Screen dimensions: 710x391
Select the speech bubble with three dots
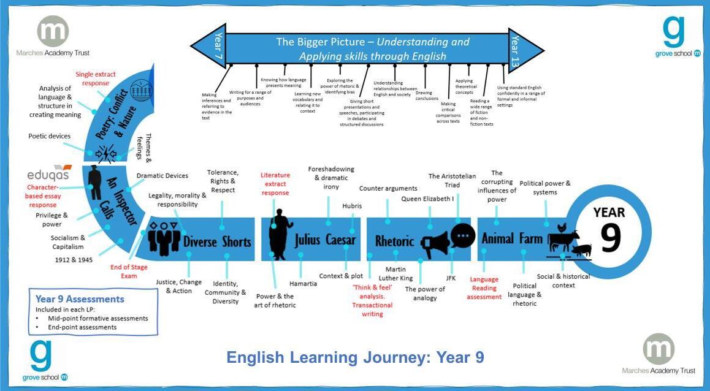click(463, 235)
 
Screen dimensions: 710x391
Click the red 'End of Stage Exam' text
click(129, 271)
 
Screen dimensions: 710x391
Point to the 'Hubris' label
click(352, 206)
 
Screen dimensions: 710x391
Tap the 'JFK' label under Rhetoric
click(451, 278)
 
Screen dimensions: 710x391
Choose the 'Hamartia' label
click(303, 284)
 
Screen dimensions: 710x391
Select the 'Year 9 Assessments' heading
click(80, 299)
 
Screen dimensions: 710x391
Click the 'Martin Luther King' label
click(395, 274)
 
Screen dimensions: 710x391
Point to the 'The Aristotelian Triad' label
click(452, 180)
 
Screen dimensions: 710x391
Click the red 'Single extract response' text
click(96, 78)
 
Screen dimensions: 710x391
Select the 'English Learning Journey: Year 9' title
click(355, 357)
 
